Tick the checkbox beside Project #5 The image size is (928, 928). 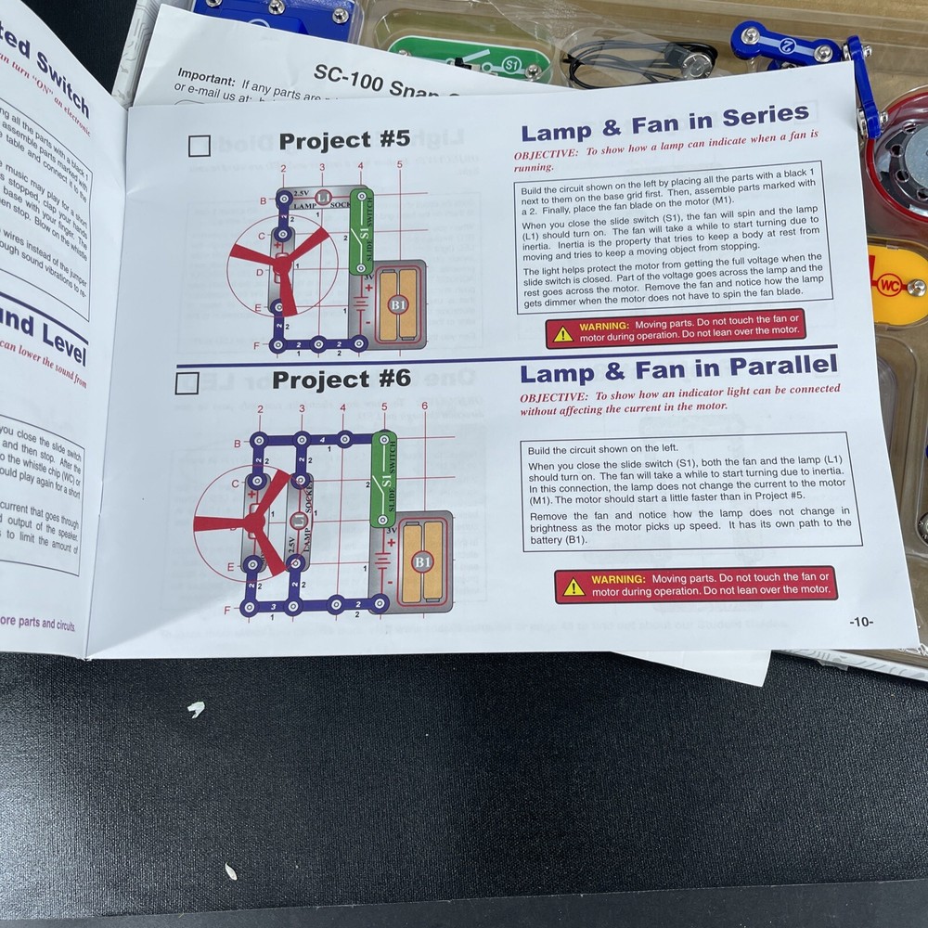click(x=199, y=146)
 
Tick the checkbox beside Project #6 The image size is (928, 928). click(x=187, y=382)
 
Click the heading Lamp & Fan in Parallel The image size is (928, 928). click(x=677, y=369)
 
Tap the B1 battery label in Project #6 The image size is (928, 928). click(x=422, y=561)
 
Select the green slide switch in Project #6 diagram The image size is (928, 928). click(x=383, y=479)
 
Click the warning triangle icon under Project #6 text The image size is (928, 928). click(x=574, y=586)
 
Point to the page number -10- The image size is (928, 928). click(x=860, y=622)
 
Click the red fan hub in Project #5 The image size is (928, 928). click(x=280, y=265)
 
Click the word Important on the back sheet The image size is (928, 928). click(x=206, y=73)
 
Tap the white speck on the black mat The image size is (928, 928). click(x=196, y=710)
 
